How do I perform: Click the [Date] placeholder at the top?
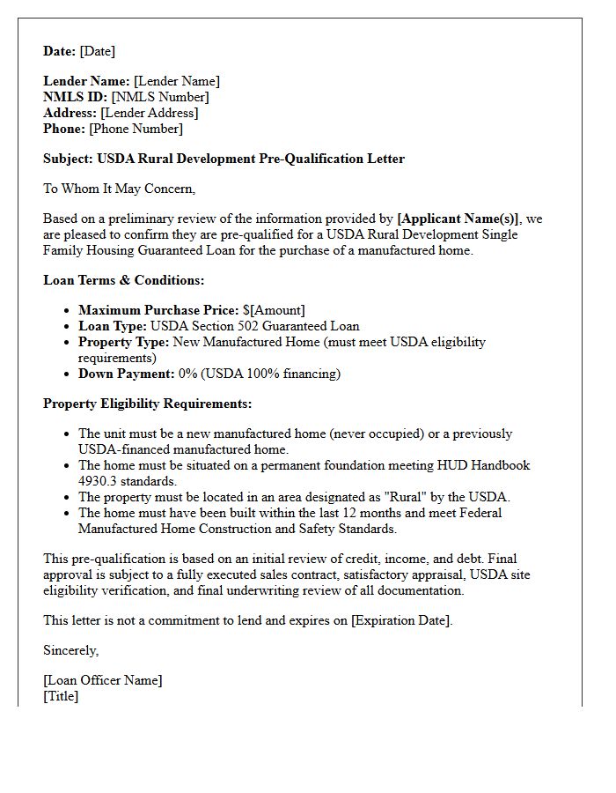pos(97,51)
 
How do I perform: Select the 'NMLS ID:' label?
pos(75,97)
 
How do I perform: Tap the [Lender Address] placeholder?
pos(149,113)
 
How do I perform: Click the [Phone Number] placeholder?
pos(136,129)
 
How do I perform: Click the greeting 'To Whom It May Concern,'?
pos(119,188)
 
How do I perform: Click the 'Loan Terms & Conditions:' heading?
pos(123,280)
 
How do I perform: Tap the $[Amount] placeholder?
pos(274,310)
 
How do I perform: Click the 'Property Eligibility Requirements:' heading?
pos(147,404)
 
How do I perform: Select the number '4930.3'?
pos(99,481)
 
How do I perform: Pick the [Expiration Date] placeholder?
pos(400,620)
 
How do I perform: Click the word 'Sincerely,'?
pos(71,650)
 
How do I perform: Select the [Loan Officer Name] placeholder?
pos(103,680)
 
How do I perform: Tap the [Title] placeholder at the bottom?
pos(61,696)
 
